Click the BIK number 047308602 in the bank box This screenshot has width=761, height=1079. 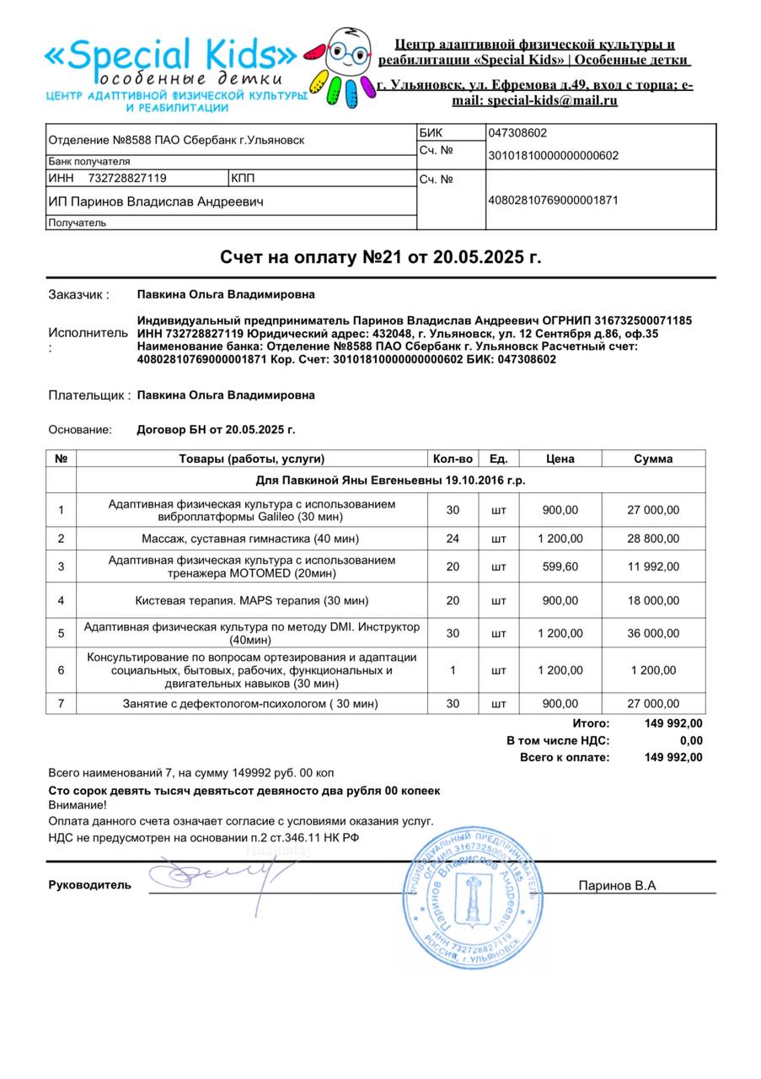coord(517,133)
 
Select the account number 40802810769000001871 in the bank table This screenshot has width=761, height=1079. coord(553,201)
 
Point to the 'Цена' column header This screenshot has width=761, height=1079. coord(560,459)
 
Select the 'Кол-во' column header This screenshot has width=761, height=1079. coord(453,459)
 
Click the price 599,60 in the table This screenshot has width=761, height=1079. coord(560,566)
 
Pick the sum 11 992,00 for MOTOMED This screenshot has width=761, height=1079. coord(653,566)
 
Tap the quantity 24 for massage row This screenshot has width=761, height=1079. coord(453,539)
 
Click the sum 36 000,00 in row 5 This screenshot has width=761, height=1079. coord(653,633)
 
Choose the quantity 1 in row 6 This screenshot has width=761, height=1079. coord(453,670)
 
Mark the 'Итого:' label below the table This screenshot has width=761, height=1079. coord(591,723)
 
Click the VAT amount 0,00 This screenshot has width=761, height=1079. coord(691,741)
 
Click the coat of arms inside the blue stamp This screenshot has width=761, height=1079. coord(473,899)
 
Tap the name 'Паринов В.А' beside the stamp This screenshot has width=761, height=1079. coord(617,885)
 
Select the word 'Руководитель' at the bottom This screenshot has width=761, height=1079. coord(90,885)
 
